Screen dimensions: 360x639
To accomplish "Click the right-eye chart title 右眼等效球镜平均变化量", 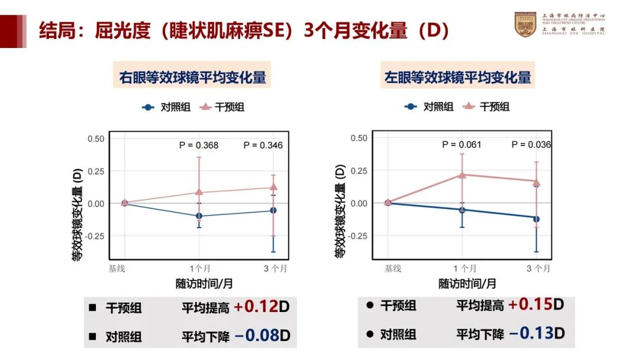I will tap(193, 77).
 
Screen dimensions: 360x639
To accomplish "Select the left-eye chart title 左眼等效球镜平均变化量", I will tap(457, 77).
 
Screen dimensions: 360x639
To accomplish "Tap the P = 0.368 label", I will tap(199, 145).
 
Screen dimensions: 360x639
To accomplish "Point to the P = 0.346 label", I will tap(263, 145).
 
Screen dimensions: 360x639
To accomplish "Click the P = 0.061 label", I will tap(461, 144).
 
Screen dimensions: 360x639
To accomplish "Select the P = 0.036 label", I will tap(531, 144).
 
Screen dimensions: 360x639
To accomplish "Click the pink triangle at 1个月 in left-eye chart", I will tap(462, 175).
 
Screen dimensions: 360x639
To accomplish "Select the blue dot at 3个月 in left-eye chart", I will tap(536, 218).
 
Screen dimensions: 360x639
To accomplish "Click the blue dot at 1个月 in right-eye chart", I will tap(199, 216).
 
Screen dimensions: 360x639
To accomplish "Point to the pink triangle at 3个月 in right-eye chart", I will tap(273, 187).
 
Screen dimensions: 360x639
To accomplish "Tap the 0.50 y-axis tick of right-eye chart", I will tap(96, 139).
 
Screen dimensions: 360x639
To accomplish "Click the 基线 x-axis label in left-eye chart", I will tap(392, 268).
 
